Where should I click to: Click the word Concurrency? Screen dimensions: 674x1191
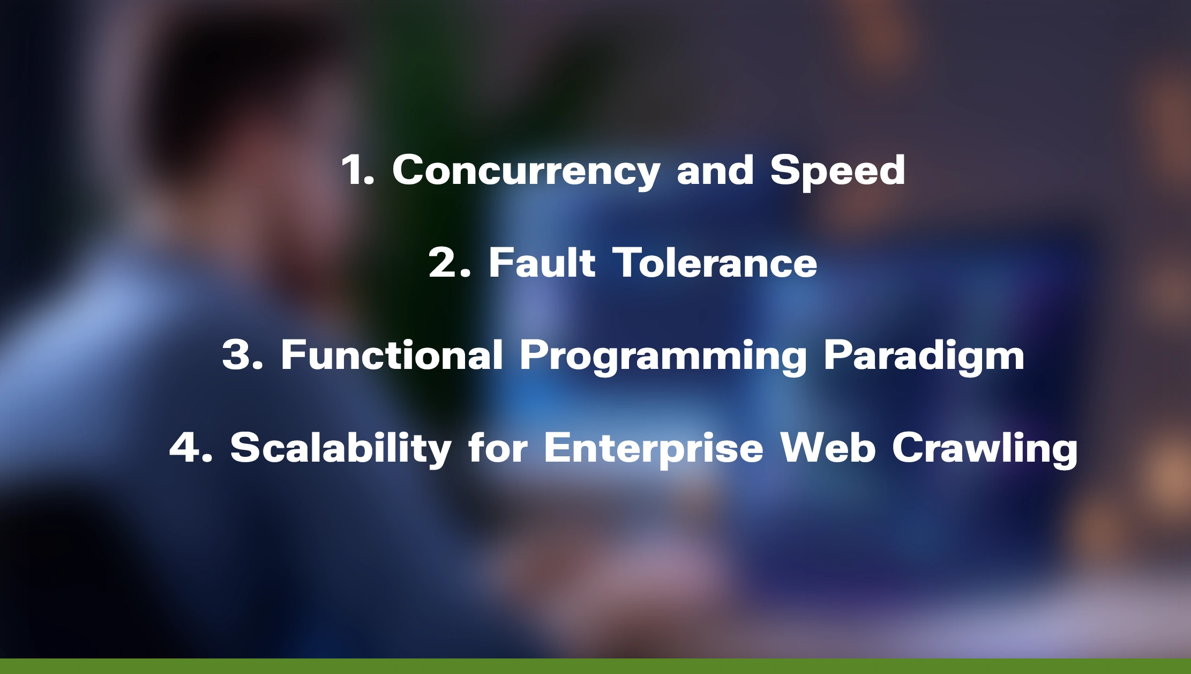(526, 171)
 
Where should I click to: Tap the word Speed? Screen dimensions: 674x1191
(837, 171)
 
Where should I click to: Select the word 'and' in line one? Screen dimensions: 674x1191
(715, 171)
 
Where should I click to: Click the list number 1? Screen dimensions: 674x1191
(356, 171)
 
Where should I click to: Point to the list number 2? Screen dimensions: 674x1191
(449, 263)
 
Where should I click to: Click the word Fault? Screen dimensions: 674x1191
(542, 263)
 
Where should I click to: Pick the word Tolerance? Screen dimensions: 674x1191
(715, 263)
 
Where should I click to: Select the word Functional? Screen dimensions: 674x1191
(392, 355)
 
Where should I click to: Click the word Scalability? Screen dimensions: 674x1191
(341, 448)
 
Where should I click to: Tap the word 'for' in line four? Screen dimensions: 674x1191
(498, 447)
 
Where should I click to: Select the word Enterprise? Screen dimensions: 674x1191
(653, 448)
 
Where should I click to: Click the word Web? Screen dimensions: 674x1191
(828, 447)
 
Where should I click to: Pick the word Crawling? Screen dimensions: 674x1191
(985, 448)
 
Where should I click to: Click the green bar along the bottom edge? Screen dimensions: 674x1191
(595, 666)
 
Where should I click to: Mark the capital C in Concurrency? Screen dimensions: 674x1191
(408, 171)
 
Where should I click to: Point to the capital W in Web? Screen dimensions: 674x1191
(802, 447)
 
